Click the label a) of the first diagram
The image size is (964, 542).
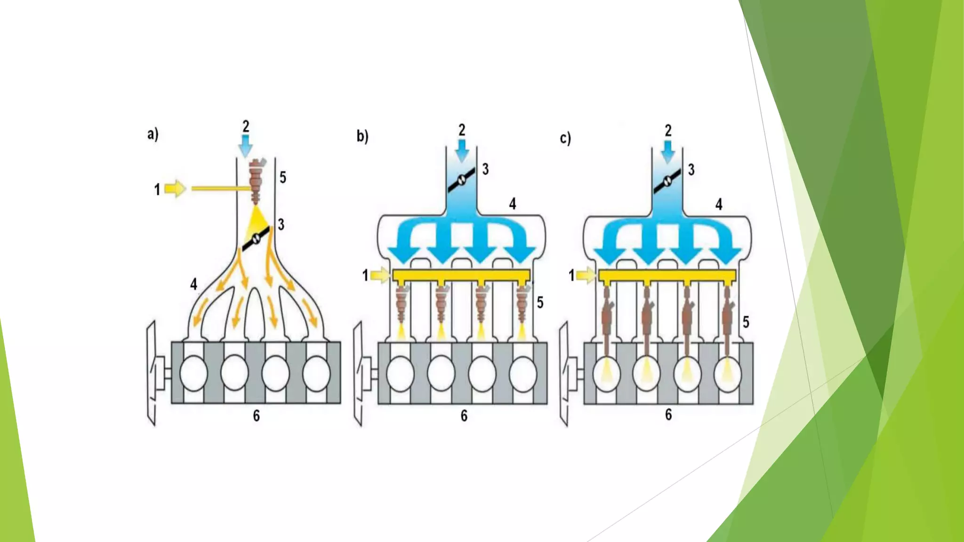153,134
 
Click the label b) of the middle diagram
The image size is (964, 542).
362,136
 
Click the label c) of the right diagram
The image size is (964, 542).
565,138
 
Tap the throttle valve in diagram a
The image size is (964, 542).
256,238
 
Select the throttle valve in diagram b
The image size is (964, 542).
461,179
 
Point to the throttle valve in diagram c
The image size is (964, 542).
667,180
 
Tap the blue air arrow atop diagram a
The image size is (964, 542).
245,146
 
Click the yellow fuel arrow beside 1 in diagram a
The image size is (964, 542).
175,189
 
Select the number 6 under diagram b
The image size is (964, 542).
464,415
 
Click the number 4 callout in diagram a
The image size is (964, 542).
193,284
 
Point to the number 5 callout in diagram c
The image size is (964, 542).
746,322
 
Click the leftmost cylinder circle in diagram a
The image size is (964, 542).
193,373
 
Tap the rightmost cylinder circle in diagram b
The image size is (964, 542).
522,374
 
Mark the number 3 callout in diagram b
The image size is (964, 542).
485,169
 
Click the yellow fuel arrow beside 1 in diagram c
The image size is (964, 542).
586,275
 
